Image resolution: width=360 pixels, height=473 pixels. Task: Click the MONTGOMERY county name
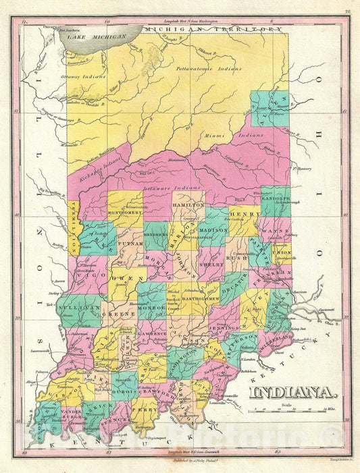[124, 212]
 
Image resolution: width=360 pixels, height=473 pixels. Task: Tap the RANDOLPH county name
[274, 199]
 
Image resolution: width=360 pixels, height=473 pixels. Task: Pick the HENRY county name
[249, 214]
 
